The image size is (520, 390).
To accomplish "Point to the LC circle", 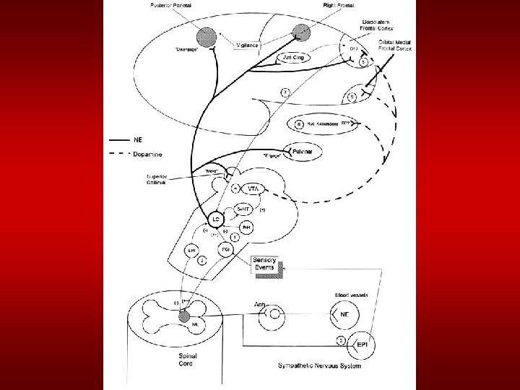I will tap(214, 217).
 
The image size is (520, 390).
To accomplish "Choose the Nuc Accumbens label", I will tap(323, 123).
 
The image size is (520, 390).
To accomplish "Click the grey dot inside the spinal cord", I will tap(183, 316).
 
